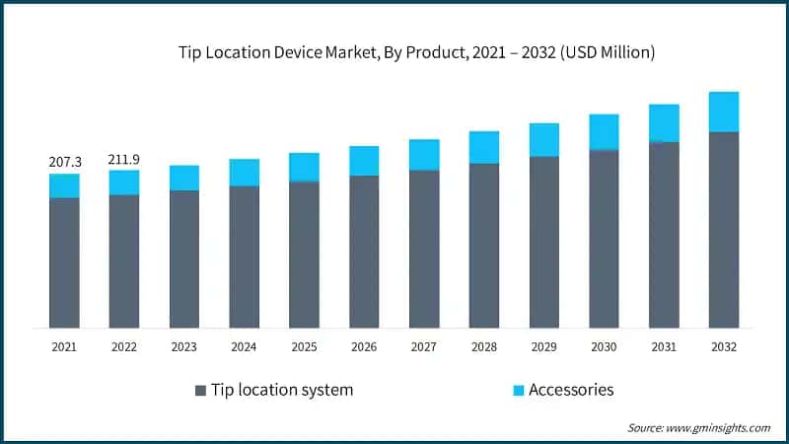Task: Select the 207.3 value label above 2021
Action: click(x=64, y=161)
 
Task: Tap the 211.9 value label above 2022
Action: click(x=124, y=158)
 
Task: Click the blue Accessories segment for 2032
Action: click(x=724, y=111)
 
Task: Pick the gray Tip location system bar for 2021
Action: click(x=64, y=262)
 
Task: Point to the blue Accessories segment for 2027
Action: click(x=424, y=155)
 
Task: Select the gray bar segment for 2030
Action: click(x=604, y=239)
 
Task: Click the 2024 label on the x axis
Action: click(x=245, y=346)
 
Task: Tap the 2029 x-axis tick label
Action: click(x=544, y=346)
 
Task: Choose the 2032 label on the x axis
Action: click(x=724, y=346)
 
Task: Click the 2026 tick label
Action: click(x=364, y=346)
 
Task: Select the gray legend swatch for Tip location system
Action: click(x=201, y=390)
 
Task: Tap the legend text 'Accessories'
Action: click(x=571, y=390)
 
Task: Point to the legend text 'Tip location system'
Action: click(x=281, y=390)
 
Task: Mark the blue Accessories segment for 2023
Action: click(x=184, y=178)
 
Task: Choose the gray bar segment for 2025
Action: click(x=304, y=255)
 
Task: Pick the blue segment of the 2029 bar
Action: click(x=544, y=140)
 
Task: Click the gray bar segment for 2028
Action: click(x=484, y=246)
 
